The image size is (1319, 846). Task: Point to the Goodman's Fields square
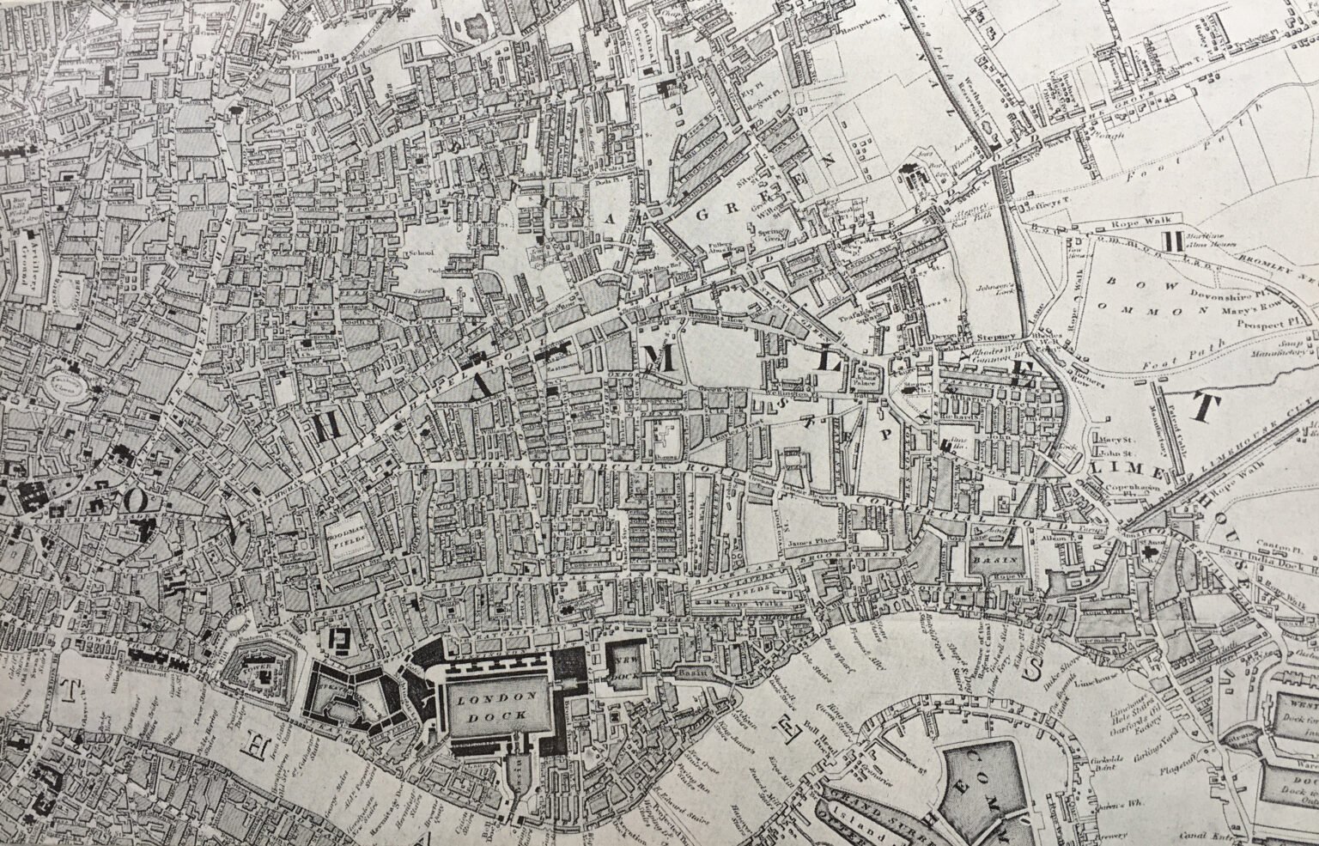coord(349,538)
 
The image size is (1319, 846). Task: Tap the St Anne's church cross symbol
coord(1149,557)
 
